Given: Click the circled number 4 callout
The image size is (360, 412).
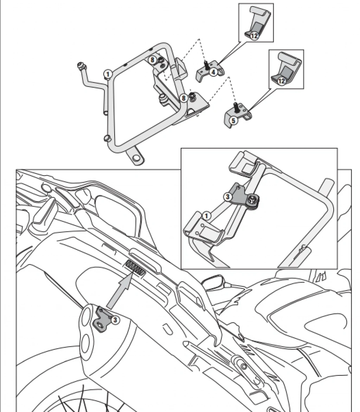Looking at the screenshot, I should point(213,72).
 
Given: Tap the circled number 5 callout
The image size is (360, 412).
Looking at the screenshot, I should point(233,120).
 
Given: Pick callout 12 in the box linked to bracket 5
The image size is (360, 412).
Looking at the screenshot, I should point(281,81).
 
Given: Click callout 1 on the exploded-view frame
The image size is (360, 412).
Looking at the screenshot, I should point(108,74).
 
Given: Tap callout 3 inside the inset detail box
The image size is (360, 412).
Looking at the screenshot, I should point(228,197).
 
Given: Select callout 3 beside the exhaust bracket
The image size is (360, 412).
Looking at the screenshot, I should point(115,319).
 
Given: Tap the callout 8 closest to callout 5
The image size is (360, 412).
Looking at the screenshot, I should point(183,98).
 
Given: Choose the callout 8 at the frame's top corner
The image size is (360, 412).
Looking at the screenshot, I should point(153,60).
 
